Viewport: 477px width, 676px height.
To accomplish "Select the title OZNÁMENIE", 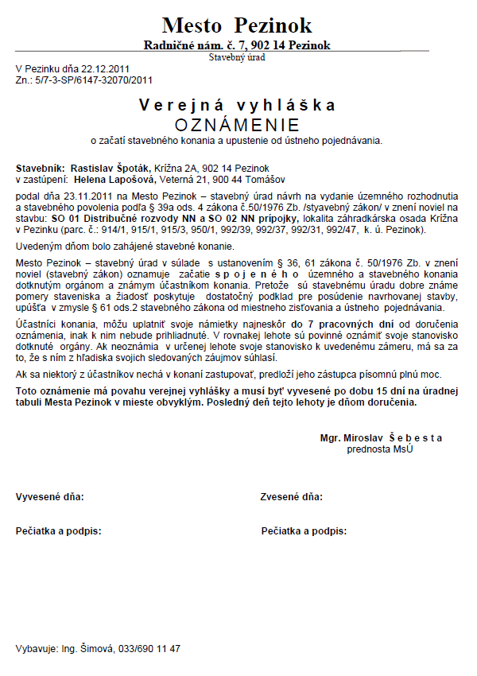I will coord(237,125).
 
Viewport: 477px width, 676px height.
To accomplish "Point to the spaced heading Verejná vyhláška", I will coord(237,106).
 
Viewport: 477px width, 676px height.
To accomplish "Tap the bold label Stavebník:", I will coord(40,169).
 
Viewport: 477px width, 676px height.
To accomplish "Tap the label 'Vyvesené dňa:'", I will coord(50,497).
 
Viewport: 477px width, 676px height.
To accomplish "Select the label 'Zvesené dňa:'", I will coord(292,497).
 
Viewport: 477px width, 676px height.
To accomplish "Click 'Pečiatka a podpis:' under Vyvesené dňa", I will coord(59,530).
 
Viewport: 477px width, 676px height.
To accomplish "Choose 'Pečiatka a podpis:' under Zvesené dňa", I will coord(304,530).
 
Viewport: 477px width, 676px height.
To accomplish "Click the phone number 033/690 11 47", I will coord(151,648).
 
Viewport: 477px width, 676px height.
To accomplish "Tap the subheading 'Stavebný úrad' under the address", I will coord(237,56).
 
